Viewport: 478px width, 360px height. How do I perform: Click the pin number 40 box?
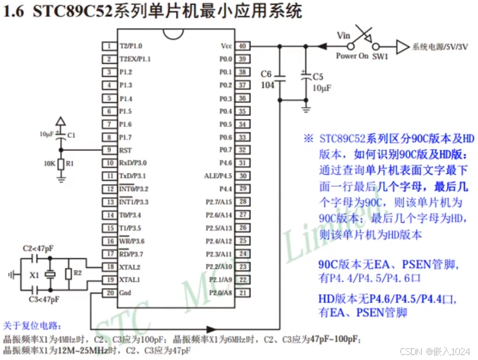click(242, 46)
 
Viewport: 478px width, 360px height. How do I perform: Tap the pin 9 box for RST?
click(109, 150)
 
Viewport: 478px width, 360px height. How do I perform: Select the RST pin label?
click(125, 150)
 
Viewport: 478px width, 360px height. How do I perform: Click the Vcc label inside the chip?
click(226, 46)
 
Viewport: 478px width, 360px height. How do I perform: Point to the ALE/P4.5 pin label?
click(218, 176)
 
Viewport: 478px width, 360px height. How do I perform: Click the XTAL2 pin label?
click(129, 267)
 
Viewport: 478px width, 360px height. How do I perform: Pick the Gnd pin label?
click(125, 293)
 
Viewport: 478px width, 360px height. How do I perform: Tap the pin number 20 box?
click(109, 293)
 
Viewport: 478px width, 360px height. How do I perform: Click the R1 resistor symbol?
click(61, 164)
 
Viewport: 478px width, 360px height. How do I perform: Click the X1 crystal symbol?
click(51, 274)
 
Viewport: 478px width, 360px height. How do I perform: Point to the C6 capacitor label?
click(266, 74)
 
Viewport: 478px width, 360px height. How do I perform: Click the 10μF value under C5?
click(321, 89)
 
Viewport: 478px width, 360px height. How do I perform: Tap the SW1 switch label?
click(380, 56)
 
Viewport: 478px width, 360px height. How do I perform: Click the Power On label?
click(352, 56)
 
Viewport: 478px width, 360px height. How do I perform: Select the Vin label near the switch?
click(343, 35)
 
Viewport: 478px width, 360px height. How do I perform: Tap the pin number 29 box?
click(242, 188)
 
